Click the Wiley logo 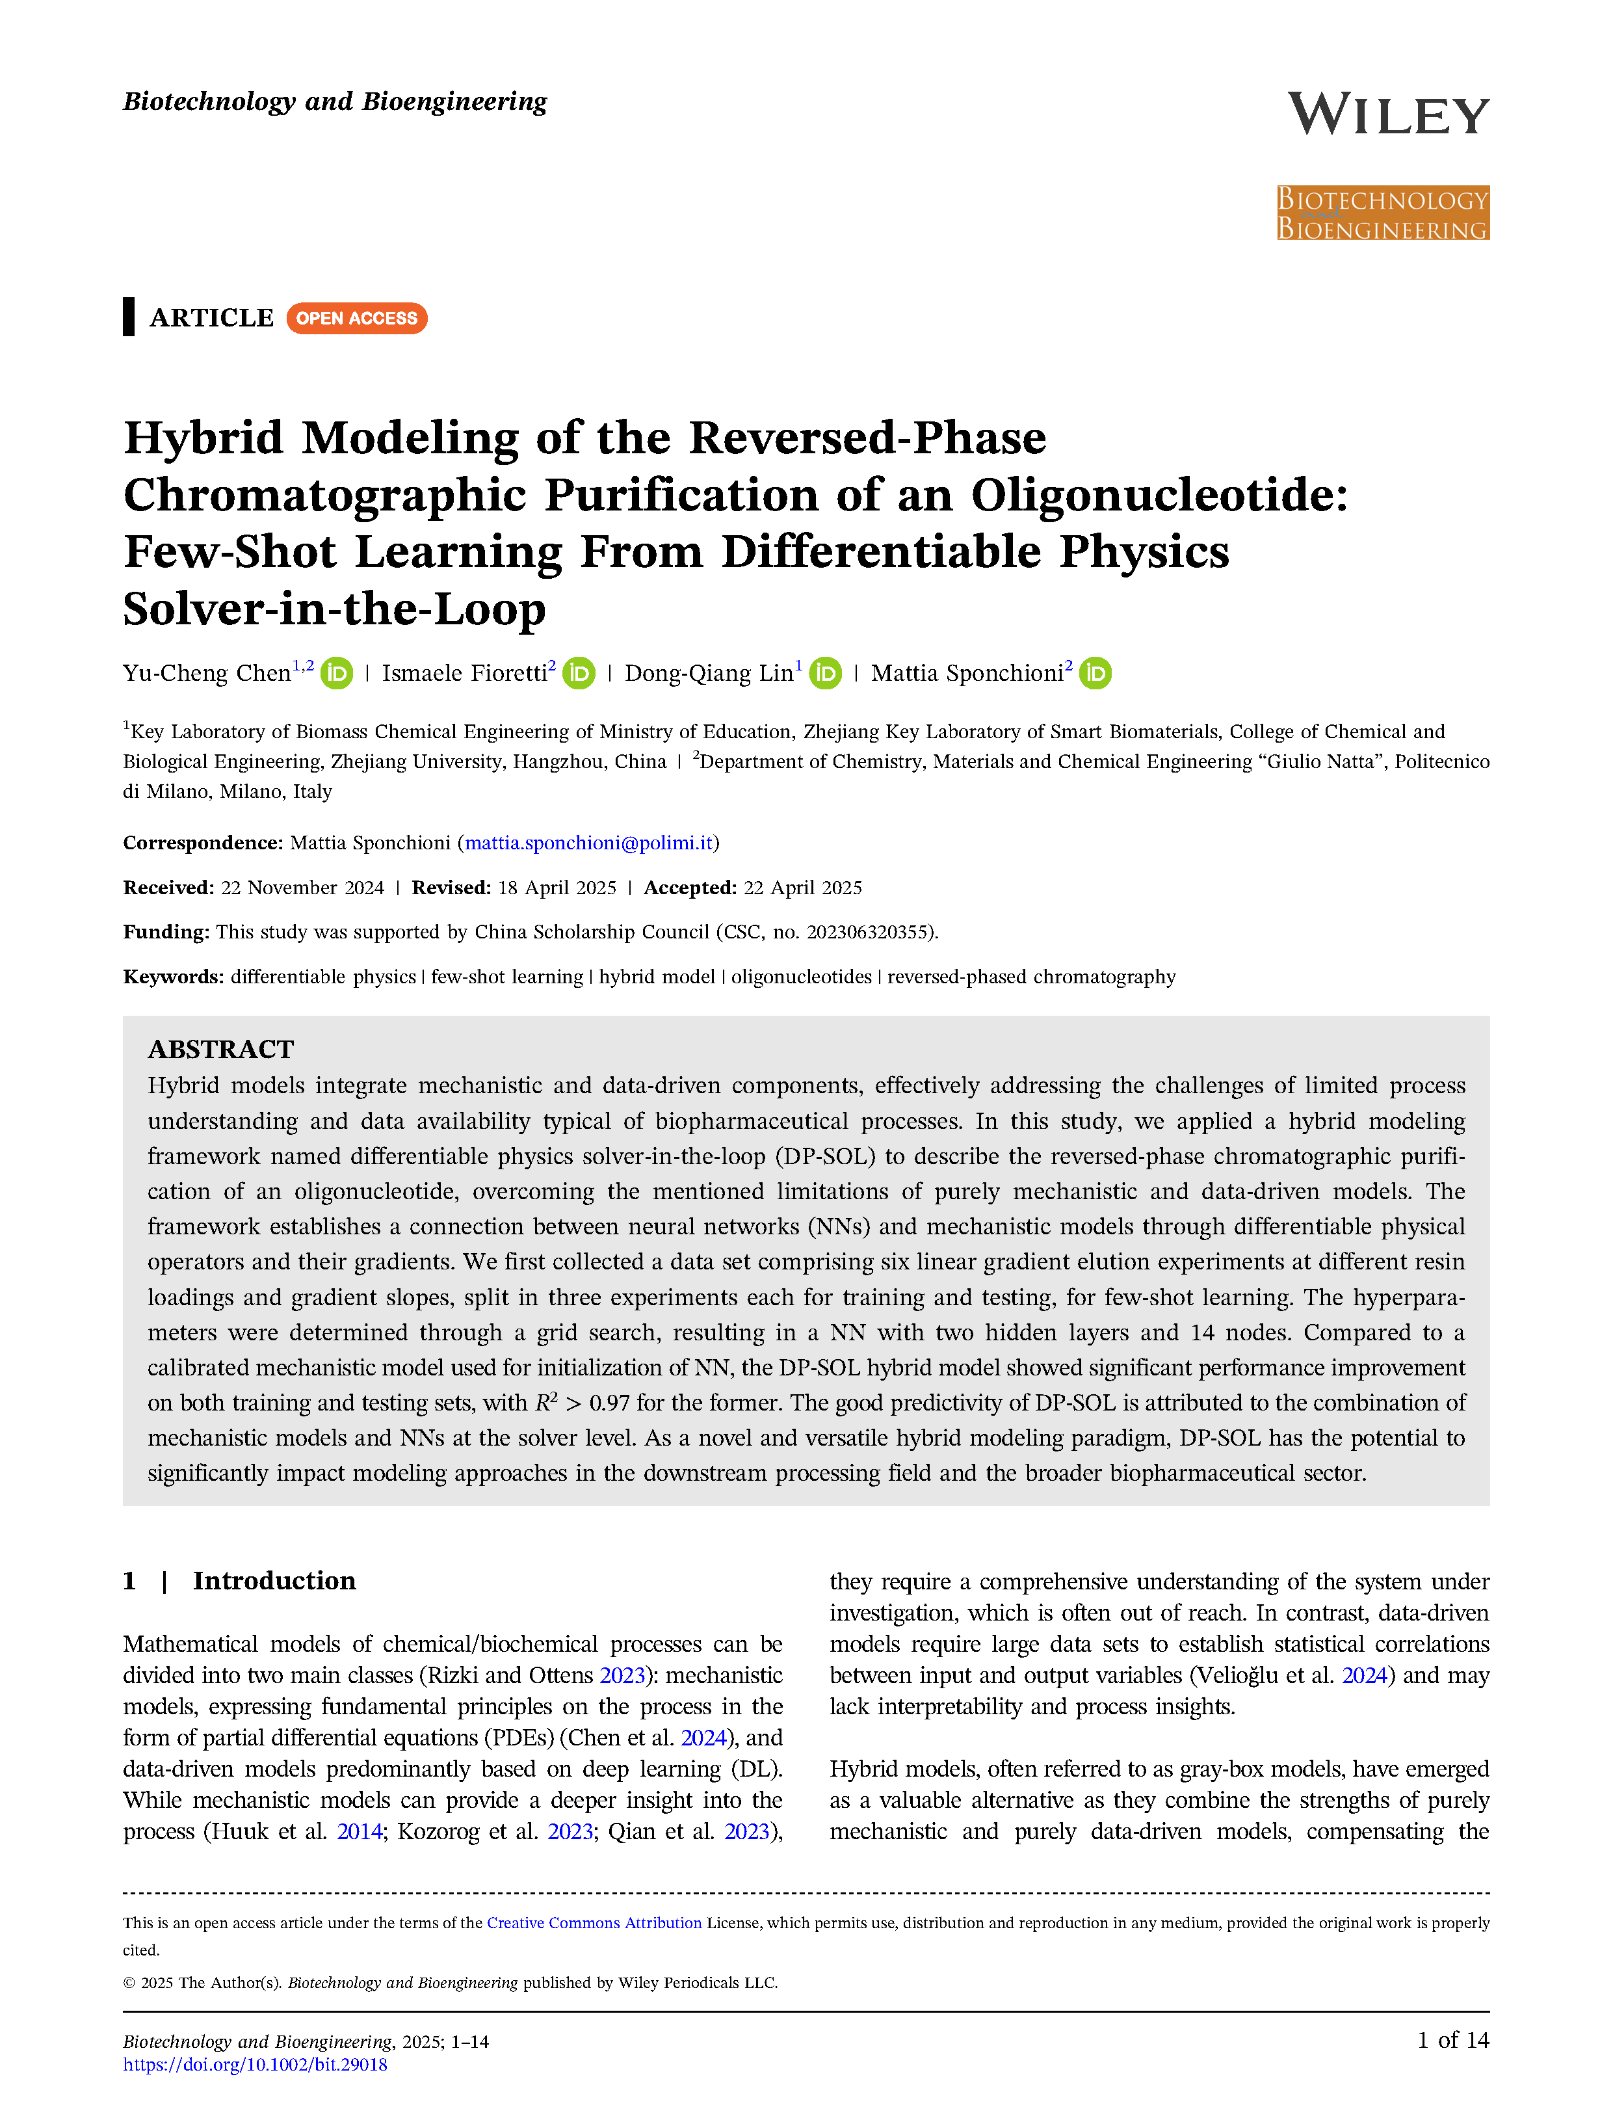[x=1387, y=114]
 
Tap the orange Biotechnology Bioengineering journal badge [x=1383, y=213]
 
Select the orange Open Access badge [x=356, y=318]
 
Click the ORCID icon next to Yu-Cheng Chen [x=337, y=674]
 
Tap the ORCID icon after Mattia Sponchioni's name [x=1095, y=674]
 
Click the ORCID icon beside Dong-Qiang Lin [x=826, y=674]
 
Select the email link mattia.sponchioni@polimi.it [x=588, y=843]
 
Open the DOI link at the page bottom [x=256, y=2064]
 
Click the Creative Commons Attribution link [x=594, y=1923]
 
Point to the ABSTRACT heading [x=221, y=1050]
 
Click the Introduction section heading [x=274, y=1582]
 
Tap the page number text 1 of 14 [x=1452, y=2040]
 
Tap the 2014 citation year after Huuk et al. [x=359, y=1832]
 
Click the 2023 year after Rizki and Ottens [x=622, y=1675]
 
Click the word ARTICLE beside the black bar [x=211, y=318]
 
